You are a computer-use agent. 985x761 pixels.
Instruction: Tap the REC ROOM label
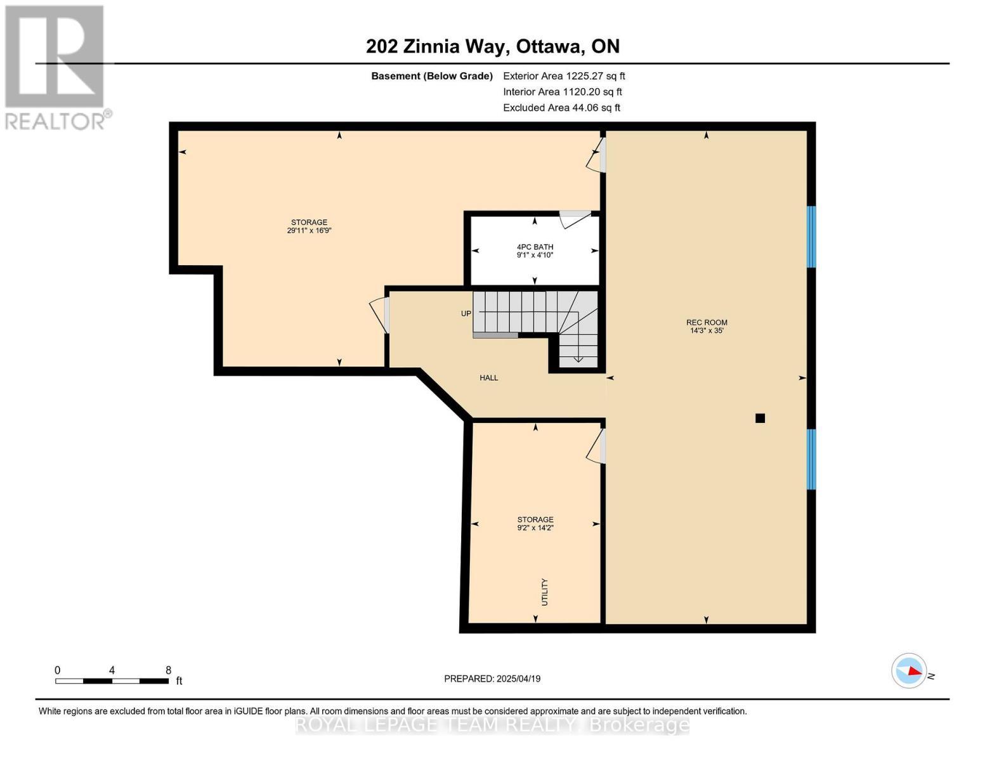[x=707, y=322]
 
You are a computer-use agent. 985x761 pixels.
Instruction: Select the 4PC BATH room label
[x=535, y=247]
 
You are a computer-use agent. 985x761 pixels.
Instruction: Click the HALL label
[x=488, y=378]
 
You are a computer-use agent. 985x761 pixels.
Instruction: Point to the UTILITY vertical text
[x=544, y=592]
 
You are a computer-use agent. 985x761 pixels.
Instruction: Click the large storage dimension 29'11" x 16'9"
[x=309, y=231]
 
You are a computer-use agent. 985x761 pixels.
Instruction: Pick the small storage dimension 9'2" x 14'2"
[x=535, y=528]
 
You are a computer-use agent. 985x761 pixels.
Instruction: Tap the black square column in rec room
[x=760, y=418]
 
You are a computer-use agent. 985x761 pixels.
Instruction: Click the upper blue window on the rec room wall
[x=811, y=237]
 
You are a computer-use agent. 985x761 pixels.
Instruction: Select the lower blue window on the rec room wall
[x=811, y=459]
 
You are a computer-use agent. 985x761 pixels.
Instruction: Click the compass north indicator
[x=910, y=671]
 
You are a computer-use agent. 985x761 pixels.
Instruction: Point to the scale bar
[x=112, y=681]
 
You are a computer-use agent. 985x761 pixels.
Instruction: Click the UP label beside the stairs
[x=466, y=314]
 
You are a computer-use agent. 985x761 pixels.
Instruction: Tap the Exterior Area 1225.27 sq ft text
[x=564, y=76]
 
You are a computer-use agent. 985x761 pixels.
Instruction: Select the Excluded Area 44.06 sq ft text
[x=561, y=108]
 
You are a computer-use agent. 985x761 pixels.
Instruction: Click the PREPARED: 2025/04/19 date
[x=492, y=679]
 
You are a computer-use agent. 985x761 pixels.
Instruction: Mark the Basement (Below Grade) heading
[x=431, y=76]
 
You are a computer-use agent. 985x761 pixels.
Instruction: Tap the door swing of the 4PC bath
[x=575, y=219]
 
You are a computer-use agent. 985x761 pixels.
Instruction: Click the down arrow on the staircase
[x=578, y=359]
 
